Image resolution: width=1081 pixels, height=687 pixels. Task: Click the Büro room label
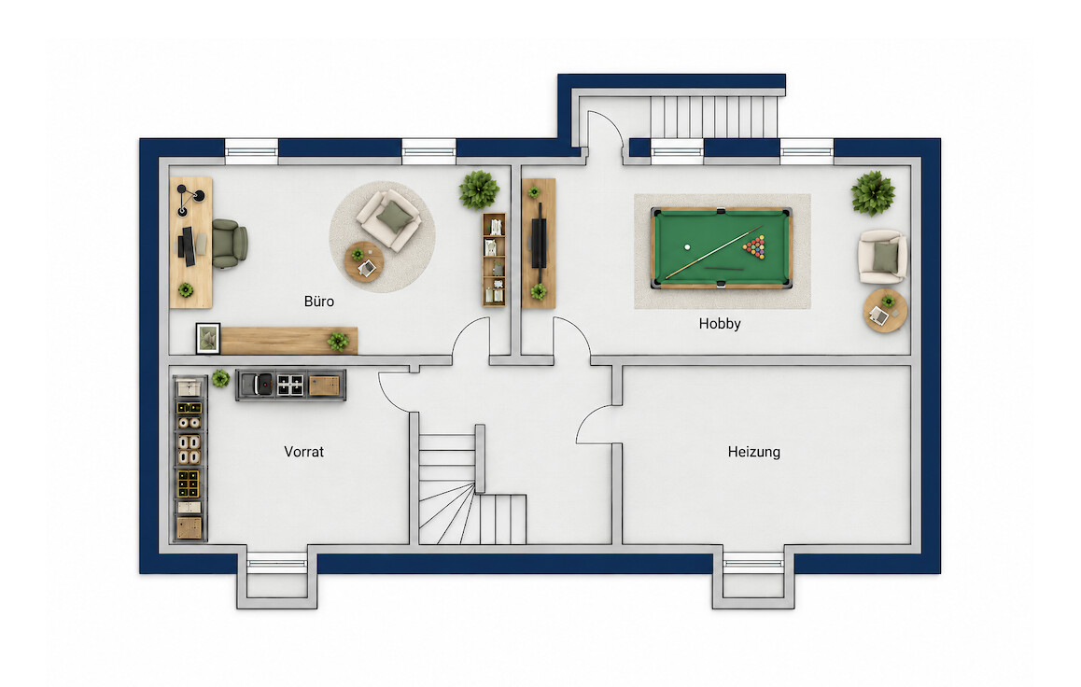click(x=318, y=301)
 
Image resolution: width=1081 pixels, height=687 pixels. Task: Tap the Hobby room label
click(x=719, y=324)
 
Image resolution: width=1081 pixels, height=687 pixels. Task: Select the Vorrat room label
click(x=303, y=452)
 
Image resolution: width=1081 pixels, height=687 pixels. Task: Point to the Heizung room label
click(x=753, y=452)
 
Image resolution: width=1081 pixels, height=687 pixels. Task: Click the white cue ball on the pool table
click(x=687, y=246)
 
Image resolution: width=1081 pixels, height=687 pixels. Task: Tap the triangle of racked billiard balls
click(x=755, y=246)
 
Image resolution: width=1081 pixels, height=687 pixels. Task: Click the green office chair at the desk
click(x=229, y=244)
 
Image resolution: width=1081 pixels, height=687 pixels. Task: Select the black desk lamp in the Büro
click(x=190, y=199)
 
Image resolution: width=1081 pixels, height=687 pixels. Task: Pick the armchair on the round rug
click(x=389, y=219)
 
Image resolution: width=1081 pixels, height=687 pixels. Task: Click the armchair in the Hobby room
click(x=882, y=257)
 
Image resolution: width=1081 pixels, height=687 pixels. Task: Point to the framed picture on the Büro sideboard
click(x=207, y=338)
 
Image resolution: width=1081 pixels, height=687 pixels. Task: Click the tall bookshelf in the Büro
click(x=494, y=259)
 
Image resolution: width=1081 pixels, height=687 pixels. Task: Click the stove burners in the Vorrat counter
click(x=290, y=386)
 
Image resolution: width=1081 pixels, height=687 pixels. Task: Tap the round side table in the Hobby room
click(x=885, y=311)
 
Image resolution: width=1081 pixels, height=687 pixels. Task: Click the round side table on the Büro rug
click(x=364, y=261)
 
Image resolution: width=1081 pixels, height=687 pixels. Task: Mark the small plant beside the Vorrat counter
click(x=220, y=378)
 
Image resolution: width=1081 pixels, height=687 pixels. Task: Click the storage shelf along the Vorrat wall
click(x=189, y=458)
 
